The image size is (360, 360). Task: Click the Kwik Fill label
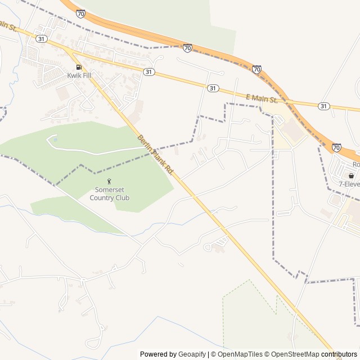[78, 75]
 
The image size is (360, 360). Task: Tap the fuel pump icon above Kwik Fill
[78, 66]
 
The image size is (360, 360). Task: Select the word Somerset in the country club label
[110, 190]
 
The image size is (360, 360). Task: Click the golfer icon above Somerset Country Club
[110, 181]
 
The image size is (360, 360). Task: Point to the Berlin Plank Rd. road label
[155, 154]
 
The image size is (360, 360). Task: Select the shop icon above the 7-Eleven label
[352, 175]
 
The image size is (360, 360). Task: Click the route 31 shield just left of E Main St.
[212, 88]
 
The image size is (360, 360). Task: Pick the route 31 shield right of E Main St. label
[323, 106]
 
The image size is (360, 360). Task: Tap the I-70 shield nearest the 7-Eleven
[336, 147]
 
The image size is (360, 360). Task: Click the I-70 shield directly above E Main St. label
[256, 69]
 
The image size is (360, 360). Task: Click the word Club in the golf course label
[121, 197]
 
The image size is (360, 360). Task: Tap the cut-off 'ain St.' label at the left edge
[6, 25]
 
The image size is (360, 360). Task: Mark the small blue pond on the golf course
[55, 138]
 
